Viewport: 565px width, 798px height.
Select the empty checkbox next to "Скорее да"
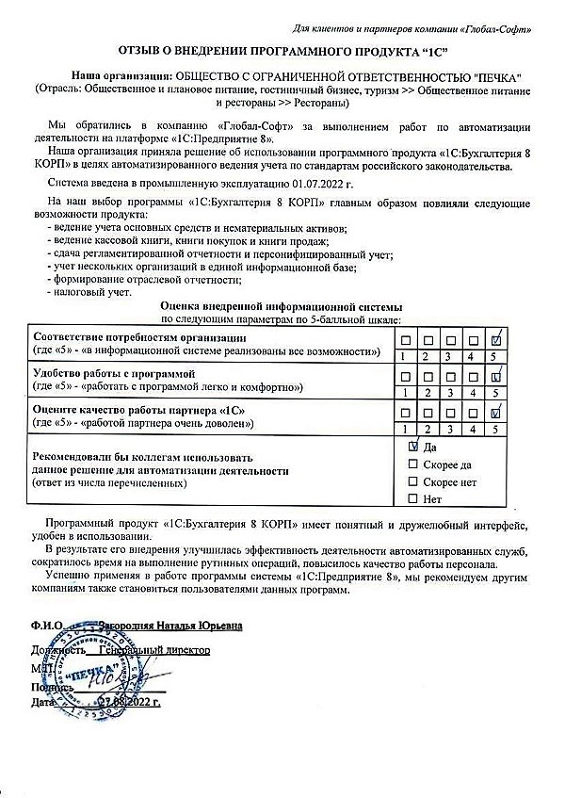pyautogui.click(x=412, y=464)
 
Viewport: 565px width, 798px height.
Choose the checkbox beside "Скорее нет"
pyautogui.click(x=412, y=481)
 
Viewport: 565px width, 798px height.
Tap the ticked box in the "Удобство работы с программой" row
pyautogui.click(x=496, y=376)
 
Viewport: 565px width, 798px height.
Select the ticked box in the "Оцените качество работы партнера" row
pyautogui.click(x=496, y=412)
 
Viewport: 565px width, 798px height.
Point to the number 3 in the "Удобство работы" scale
pyautogui.click(x=450, y=392)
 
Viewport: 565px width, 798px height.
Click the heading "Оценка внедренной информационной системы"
pyautogui.click(x=282, y=306)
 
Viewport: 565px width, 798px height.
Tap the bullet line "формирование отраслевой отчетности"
pyautogui.click(x=147, y=280)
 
